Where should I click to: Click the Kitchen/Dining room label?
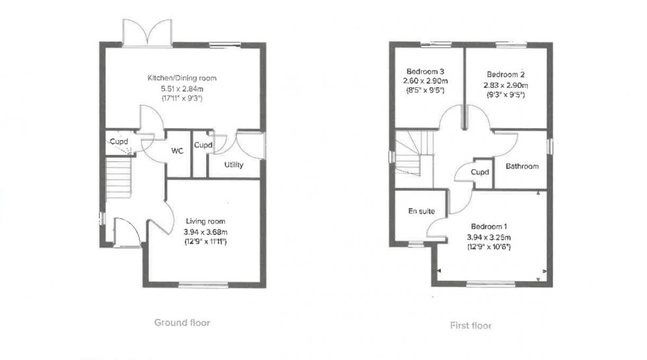click(182, 78)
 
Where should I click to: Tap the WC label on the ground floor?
click(177, 151)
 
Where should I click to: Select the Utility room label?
click(233, 164)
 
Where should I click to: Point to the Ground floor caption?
click(182, 323)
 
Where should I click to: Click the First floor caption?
click(471, 325)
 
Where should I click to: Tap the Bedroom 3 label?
click(425, 72)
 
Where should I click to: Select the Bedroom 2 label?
click(506, 75)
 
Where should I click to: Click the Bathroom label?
click(522, 166)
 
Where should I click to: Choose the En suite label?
click(421, 211)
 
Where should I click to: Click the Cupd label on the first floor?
click(480, 172)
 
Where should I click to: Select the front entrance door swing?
click(125, 232)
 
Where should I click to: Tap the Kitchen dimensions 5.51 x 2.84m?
click(182, 88)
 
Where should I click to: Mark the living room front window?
click(202, 285)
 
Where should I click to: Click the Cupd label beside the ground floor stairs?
click(118, 141)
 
